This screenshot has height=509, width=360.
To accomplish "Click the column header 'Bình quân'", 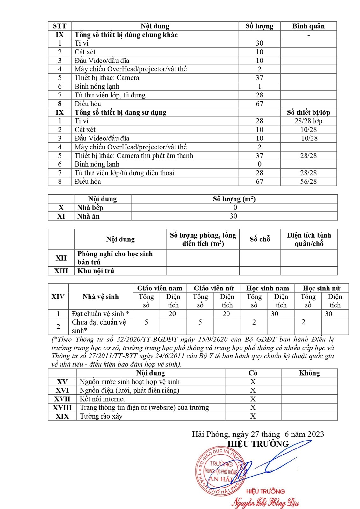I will pyautogui.click(x=308, y=26).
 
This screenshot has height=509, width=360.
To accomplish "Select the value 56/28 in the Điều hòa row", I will pyautogui.click(x=308, y=182).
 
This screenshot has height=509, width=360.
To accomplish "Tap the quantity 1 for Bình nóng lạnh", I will pyautogui.click(x=259, y=86).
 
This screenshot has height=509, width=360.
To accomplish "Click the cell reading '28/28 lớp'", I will pyautogui.click(x=308, y=121).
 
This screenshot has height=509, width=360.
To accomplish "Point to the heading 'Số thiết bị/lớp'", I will pyautogui.click(x=308, y=112).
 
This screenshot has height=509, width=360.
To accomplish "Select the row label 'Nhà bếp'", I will pyautogui.click(x=90, y=208).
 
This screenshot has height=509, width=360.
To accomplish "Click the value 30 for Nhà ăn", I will pyautogui.click(x=234, y=216).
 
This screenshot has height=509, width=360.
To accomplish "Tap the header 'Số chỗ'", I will pyautogui.click(x=260, y=239).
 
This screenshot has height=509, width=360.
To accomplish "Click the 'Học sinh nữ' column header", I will pyautogui.click(x=321, y=288).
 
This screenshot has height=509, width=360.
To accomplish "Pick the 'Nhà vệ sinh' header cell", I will pyautogui.click(x=100, y=297).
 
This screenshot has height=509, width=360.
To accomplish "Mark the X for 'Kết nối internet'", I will pyautogui.click(x=253, y=399).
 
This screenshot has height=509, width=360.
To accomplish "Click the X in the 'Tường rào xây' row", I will pyautogui.click(x=253, y=416).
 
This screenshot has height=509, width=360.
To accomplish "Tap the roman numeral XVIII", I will pyautogui.click(x=62, y=408).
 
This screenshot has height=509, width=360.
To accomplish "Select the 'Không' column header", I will pyautogui.click(x=309, y=373).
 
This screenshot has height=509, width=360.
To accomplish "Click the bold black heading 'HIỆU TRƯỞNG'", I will pyautogui.click(x=258, y=444).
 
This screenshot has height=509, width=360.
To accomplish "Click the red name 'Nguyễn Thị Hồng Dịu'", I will pyautogui.click(x=265, y=503).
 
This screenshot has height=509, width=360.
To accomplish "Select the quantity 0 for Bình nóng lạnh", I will pyautogui.click(x=259, y=164).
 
